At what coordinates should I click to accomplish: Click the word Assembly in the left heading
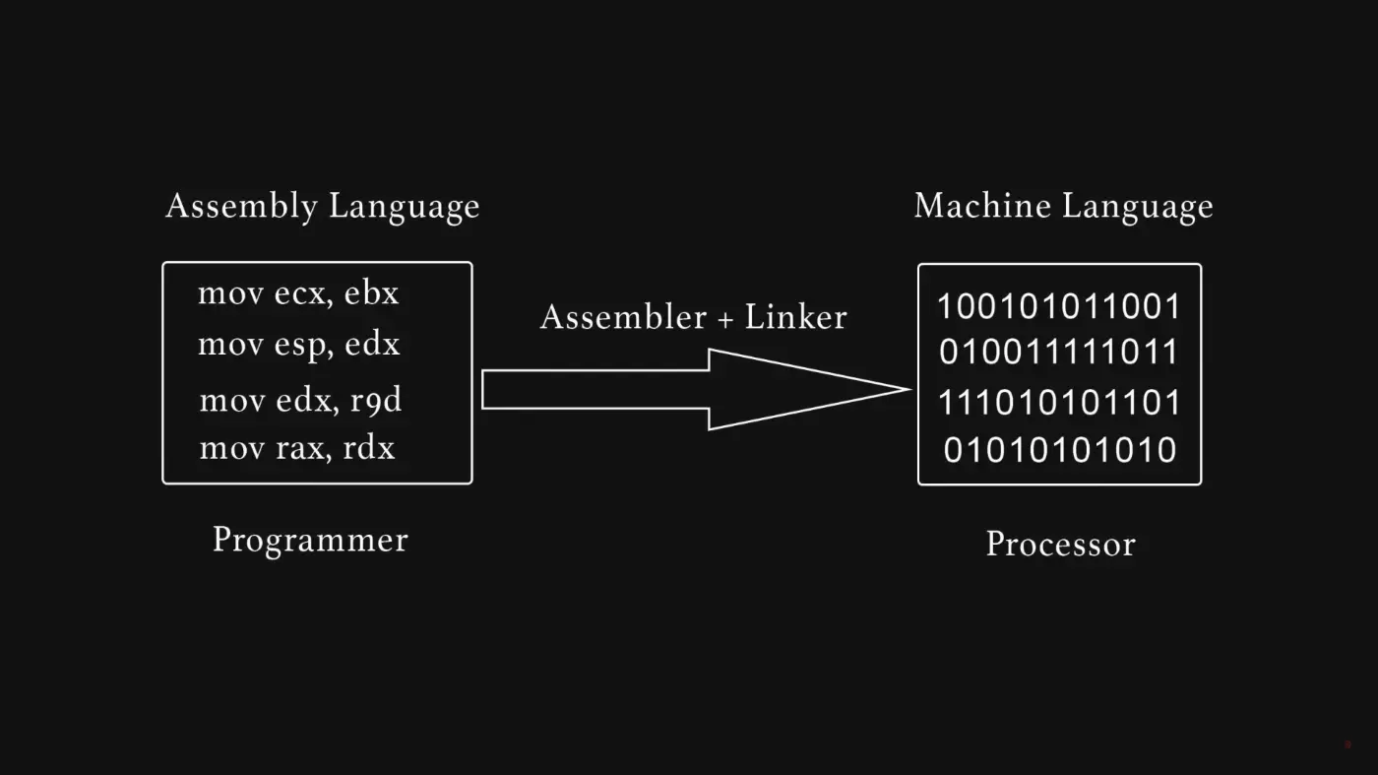coord(241,207)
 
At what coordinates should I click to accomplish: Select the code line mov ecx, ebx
coord(298,293)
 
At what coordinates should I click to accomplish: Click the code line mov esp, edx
coord(298,345)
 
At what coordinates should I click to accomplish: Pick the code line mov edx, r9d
coord(300,401)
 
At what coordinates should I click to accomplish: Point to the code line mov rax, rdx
coord(296,449)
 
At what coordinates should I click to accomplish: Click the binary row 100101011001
coord(1058,307)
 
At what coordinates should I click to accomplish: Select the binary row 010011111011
coord(1058,352)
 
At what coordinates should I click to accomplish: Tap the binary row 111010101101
coord(1058,403)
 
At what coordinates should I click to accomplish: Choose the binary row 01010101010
coord(1059,450)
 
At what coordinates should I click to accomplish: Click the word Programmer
coord(310,541)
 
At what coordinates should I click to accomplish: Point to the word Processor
coord(1060,544)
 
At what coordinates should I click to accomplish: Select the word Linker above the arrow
coord(795,317)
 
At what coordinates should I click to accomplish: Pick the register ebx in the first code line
coord(371,293)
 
